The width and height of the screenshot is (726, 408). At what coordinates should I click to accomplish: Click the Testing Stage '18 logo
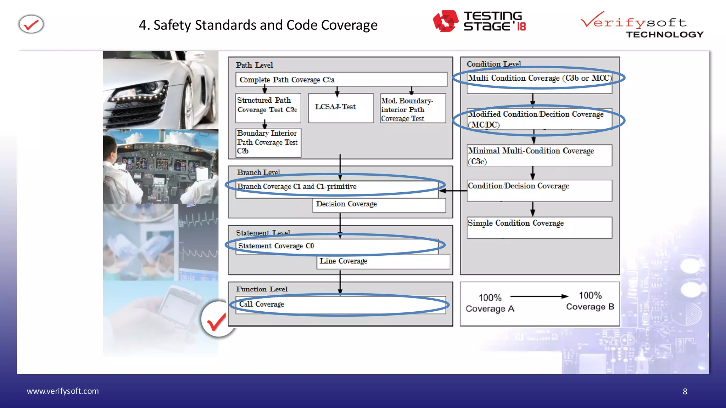pyautogui.click(x=479, y=21)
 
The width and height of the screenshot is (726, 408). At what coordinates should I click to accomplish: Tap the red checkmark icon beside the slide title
pyautogui.click(x=31, y=24)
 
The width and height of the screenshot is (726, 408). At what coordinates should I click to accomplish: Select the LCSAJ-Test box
pyautogui.click(x=340, y=108)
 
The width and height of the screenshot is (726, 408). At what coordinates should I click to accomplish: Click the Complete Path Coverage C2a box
pyautogui.click(x=341, y=80)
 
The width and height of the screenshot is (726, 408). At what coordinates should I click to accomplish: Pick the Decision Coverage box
pyautogui.click(x=379, y=205)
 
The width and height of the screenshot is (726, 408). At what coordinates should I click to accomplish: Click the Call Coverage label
pyautogui.click(x=262, y=304)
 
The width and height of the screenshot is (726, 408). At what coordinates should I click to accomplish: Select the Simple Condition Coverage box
pyautogui.click(x=539, y=227)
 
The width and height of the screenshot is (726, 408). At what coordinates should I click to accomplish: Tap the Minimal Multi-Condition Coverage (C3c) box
pyautogui.click(x=539, y=155)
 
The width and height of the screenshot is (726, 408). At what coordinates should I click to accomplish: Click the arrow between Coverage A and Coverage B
pyautogui.click(x=539, y=296)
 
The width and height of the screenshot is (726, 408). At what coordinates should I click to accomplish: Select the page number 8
pyautogui.click(x=685, y=391)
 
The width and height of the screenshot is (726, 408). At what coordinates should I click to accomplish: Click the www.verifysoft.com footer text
pyautogui.click(x=63, y=391)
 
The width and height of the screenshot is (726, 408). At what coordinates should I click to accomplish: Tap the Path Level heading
pyautogui.click(x=255, y=65)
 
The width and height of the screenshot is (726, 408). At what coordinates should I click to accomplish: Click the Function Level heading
pyautogui.click(x=262, y=289)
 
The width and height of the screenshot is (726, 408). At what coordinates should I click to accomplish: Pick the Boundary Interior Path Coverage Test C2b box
pyautogui.click(x=268, y=142)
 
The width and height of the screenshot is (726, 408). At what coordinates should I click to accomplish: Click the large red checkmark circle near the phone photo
pyautogui.click(x=217, y=320)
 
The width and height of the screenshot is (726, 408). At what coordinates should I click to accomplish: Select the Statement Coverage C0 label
pyautogui.click(x=276, y=246)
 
